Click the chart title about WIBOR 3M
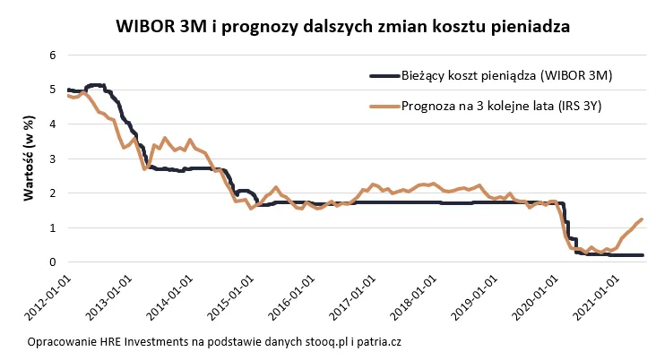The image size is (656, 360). [343, 27]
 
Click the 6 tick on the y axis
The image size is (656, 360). [53, 55]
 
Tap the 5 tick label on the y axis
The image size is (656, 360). [53, 90]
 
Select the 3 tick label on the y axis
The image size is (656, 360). [53, 159]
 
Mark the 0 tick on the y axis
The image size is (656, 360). [53, 262]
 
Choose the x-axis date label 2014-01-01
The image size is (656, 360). [175, 295]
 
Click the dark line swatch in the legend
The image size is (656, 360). [391, 76]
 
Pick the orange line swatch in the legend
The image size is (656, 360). [391, 107]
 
